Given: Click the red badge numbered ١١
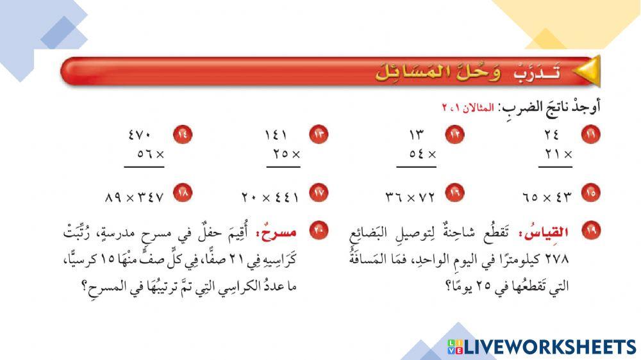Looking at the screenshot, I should (588, 135).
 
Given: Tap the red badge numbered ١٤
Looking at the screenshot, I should (183, 135).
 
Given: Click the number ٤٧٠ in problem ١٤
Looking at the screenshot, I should (139, 135).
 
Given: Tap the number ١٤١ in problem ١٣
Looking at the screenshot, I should (276, 135).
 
